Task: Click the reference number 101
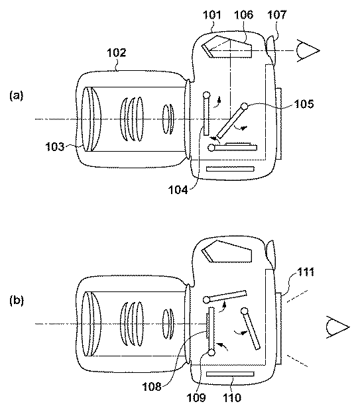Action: [x=212, y=15]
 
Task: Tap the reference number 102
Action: [x=116, y=53]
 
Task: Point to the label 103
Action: [x=55, y=146]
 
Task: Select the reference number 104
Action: [x=178, y=189]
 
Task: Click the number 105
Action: [x=304, y=104]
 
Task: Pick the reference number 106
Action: [x=243, y=15]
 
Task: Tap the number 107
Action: [x=276, y=15]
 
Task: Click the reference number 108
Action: [x=152, y=387]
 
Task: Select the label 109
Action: [x=196, y=397]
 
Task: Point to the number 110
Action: [x=231, y=397]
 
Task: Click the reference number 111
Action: [x=306, y=272]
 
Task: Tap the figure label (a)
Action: [x=17, y=95]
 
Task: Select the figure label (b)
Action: [x=17, y=300]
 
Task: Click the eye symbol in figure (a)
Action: [x=308, y=51]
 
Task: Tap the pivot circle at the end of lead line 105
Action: [x=245, y=106]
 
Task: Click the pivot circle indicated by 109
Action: [x=211, y=352]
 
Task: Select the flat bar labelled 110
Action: [x=230, y=374]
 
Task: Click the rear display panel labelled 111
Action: [x=278, y=328]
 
